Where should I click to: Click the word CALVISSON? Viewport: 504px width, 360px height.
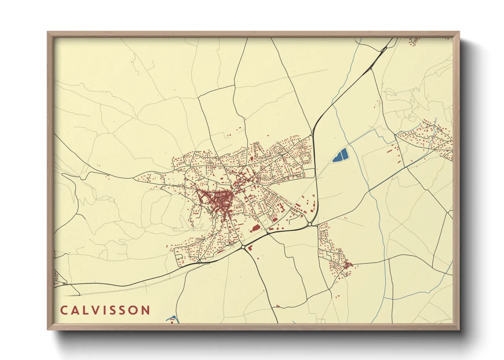point(105,310)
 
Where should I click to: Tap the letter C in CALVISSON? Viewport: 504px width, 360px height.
point(64,310)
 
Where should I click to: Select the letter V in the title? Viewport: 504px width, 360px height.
point(96,310)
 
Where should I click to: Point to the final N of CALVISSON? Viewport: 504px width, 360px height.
point(146,310)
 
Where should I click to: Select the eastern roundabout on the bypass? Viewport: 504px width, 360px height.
point(310,224)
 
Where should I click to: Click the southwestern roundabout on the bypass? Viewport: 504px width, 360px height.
point(243,246)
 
